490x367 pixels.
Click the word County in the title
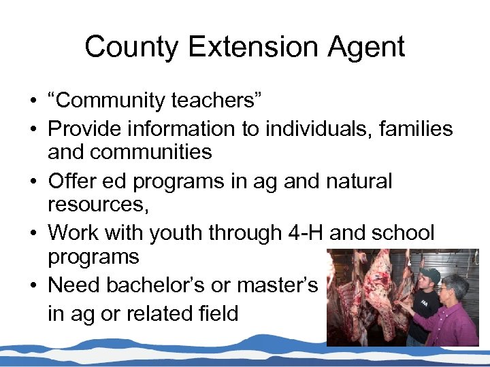pyautogui.click(x=130, y=47)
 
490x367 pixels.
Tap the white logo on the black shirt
pyautogui.click(x=424, y=303)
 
